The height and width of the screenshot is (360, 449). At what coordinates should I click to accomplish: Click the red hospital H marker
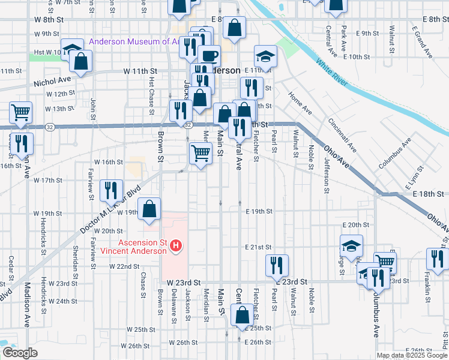[x=176, y=245]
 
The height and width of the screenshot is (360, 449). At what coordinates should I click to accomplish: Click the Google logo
[x=20, y=353]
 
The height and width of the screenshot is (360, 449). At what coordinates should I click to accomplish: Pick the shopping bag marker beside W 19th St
[x=149, y=209]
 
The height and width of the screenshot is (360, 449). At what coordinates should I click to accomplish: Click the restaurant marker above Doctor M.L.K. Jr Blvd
[x=111, y=190]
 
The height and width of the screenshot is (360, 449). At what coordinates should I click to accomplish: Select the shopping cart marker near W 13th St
[x=21, y=112]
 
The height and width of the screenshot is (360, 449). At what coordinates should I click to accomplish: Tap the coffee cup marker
[x=209, y=56]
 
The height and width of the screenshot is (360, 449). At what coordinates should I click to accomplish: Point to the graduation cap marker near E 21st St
[x=352, y=245]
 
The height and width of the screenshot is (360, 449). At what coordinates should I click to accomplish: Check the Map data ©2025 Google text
[x=412, y=355]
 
